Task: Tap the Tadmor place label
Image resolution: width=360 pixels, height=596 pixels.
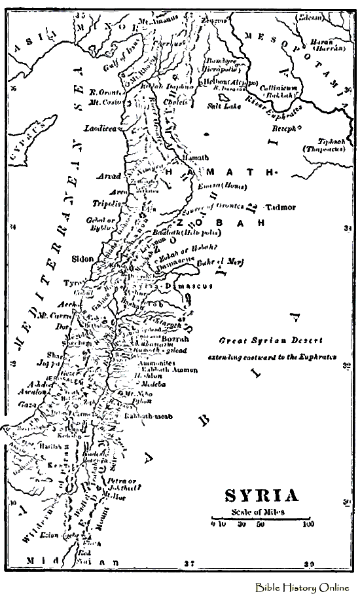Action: [x=281, y=207]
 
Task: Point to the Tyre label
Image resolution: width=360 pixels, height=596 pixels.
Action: [x=69, y=283]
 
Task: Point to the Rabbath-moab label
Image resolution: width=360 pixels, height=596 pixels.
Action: [x=152, y=416]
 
